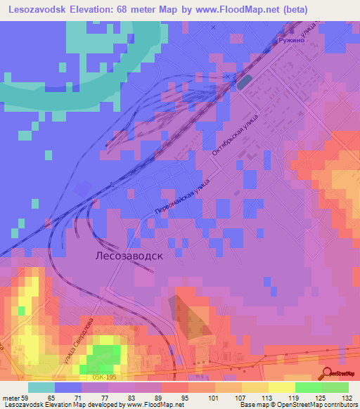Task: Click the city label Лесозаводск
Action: (129, 257)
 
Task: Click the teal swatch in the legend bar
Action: (41, 387)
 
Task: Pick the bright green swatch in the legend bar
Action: (335, 387)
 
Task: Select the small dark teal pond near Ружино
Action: (244, 82)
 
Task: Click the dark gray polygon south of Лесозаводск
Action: (188, 316)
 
